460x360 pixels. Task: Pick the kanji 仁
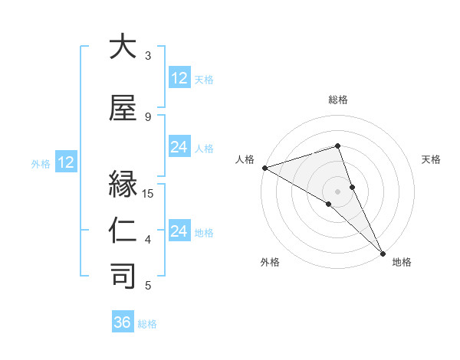123,231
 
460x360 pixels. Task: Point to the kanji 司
123,276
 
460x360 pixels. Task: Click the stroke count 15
149,193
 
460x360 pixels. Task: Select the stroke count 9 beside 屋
148,116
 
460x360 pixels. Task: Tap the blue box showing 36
123,322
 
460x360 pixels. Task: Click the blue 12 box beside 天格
179,78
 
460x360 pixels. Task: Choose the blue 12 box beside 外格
65,162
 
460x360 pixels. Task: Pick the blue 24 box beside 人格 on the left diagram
179,147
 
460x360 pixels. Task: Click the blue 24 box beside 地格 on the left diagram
179,231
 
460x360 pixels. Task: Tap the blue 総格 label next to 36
147,324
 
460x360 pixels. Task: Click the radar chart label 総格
338,100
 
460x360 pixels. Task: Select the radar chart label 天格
432,159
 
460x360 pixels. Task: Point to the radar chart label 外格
270,262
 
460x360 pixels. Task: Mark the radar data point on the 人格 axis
264,168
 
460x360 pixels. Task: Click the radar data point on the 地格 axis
383,253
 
